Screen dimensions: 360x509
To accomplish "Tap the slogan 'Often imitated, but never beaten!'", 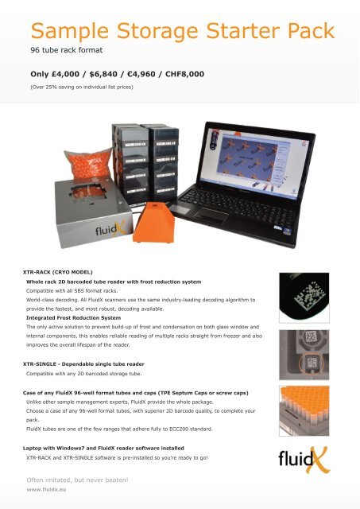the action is click(x=77, y=480).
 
